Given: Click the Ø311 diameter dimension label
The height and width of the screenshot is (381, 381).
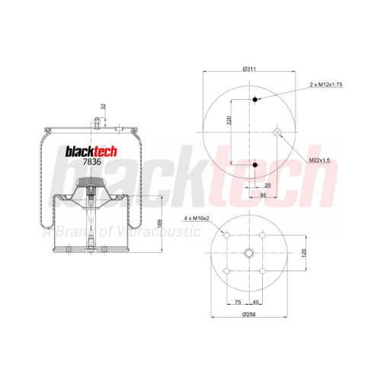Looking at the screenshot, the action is (249, 69).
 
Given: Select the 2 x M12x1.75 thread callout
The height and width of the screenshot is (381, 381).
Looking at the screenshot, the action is (326, 85).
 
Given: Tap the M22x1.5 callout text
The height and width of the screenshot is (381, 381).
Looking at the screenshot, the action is (319, 160).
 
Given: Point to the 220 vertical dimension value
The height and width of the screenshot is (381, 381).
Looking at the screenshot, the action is (229, 120).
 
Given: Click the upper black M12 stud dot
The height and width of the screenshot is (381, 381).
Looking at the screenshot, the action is (255, 99).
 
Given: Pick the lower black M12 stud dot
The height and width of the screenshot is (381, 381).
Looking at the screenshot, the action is (255, 165).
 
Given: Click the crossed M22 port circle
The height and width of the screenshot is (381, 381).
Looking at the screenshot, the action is (277, 132).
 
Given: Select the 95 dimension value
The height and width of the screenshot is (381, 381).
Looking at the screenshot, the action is (263, 195).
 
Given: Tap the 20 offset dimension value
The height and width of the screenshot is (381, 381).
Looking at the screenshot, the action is (267, 185).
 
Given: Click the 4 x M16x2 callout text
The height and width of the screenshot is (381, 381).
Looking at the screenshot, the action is (197, 218).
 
